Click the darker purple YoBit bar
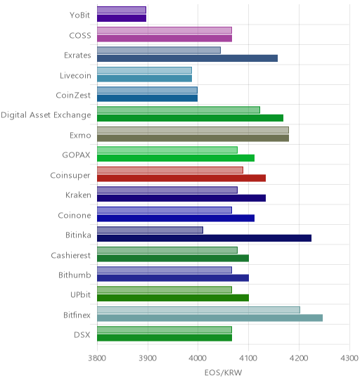tap(122, 18)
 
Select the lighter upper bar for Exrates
tap(159, 51)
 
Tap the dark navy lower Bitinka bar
tap(204, 238)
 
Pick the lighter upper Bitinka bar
tap(150, 230)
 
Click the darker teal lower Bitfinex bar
tap(210, 318)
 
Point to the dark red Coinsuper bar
tap(181, 178)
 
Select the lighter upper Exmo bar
tap(193, 130)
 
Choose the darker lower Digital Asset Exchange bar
tap(191, 118)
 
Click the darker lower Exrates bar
tap(187, 58)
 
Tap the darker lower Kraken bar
tap(181, 198)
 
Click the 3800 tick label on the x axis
tap(97, 358)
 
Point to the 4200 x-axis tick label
tap(299, 358)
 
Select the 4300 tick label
tap(349, 358)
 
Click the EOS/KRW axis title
tap(223, 373)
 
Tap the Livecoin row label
tap(75, 75)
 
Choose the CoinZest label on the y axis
tap(73, 95)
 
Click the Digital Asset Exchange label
tap(46, 115)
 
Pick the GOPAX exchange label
tap(76, 155)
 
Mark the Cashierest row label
tap(71, 255)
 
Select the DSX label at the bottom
tap(82, 335)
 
